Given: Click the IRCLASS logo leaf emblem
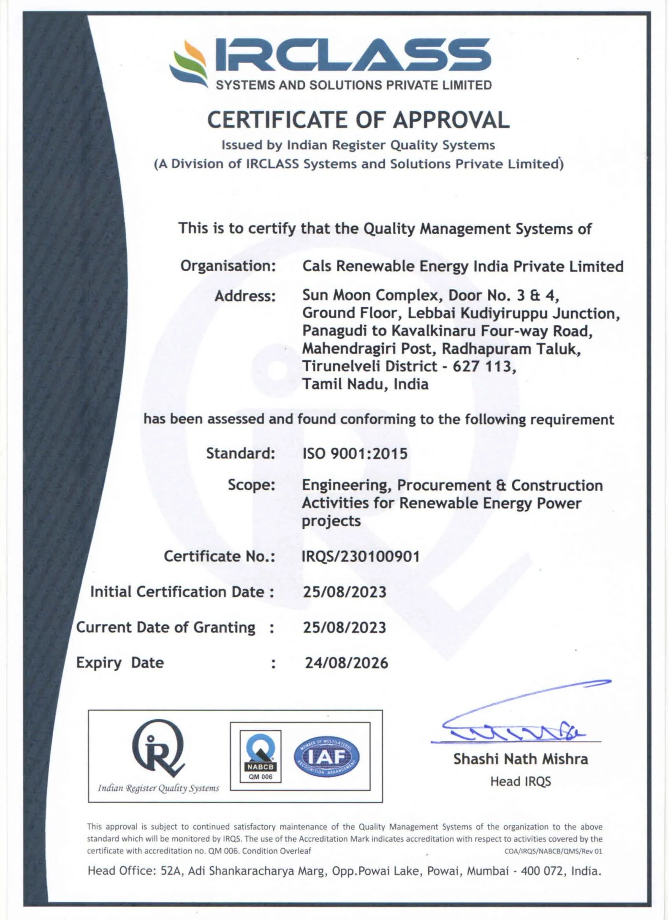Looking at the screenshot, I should [x=188, y=64].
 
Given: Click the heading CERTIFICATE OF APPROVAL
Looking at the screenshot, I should [x=358, y=120].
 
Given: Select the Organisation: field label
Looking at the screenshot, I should [x=228, y=266].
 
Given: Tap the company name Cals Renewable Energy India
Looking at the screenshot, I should [x=462, y=266].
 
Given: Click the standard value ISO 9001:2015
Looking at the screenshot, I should [x=355, y=453].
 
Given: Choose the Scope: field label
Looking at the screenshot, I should [x=252, y=485].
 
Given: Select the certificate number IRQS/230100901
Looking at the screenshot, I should [x=360, y=556].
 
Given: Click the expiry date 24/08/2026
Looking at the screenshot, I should [x=346, y=663].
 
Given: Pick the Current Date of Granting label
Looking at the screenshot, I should [x=166, y=628].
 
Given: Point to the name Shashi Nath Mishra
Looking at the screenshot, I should [x=520, y=759].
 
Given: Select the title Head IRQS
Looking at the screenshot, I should [x=520, y=782].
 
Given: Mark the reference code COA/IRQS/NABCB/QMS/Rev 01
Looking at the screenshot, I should [x=553, y=851].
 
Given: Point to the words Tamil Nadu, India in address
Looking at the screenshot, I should [x=365, y=384].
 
